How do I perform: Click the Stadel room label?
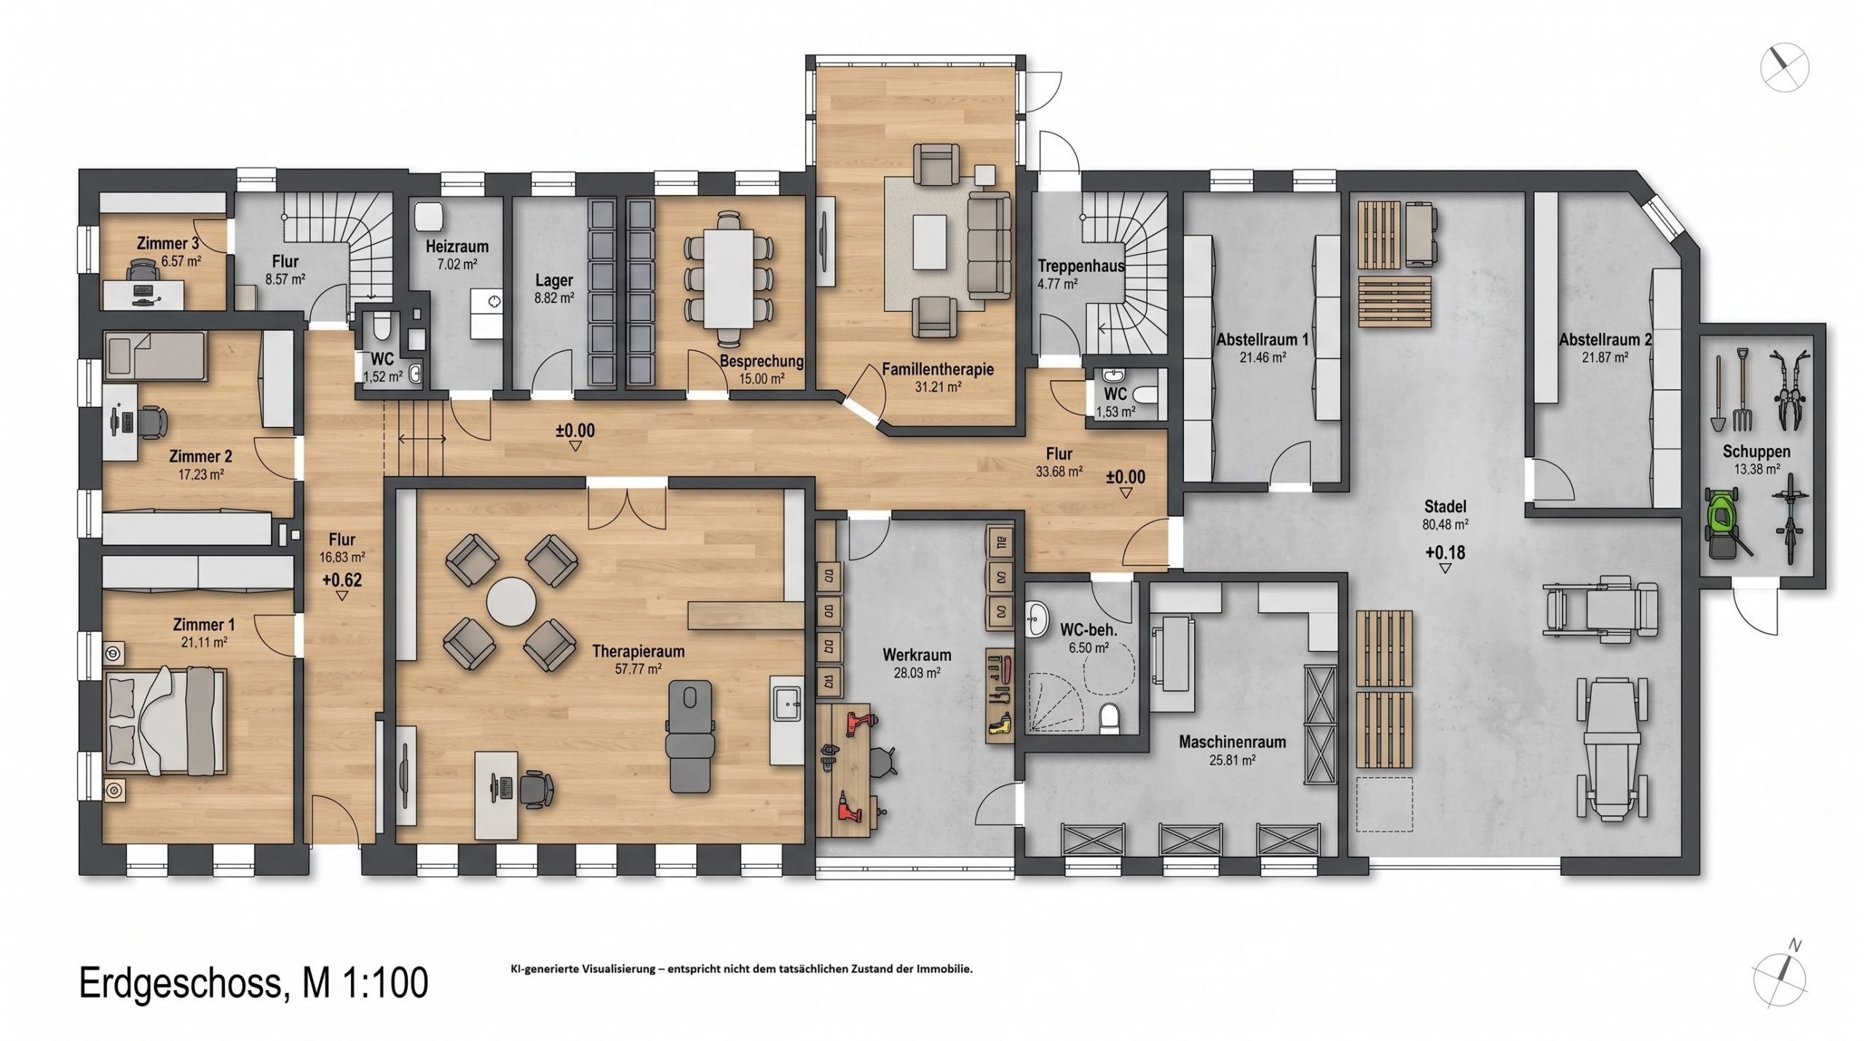[1445, 506]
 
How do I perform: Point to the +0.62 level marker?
[341, 581]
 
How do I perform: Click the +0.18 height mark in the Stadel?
[1445, 553]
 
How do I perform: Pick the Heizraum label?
[457, 246]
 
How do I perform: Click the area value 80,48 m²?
[1445, 524]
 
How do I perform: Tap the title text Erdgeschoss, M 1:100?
[253, 983]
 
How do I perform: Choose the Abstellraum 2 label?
[1605, 339]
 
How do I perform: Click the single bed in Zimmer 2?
[156, 356]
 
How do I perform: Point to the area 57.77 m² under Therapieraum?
[638, 669]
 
